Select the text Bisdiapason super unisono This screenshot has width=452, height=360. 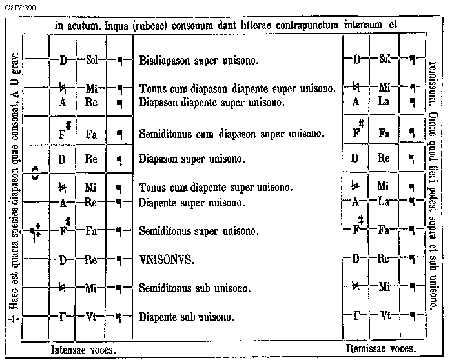[x=199, y=61]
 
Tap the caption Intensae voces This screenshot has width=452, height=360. [x=83, y=349]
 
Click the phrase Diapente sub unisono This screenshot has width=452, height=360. [x=187, y=317]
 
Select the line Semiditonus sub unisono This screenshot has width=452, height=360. [x=195, y=288]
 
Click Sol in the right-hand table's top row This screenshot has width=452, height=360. [x=385, y=60]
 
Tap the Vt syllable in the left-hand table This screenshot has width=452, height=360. [x=91, y=317]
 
